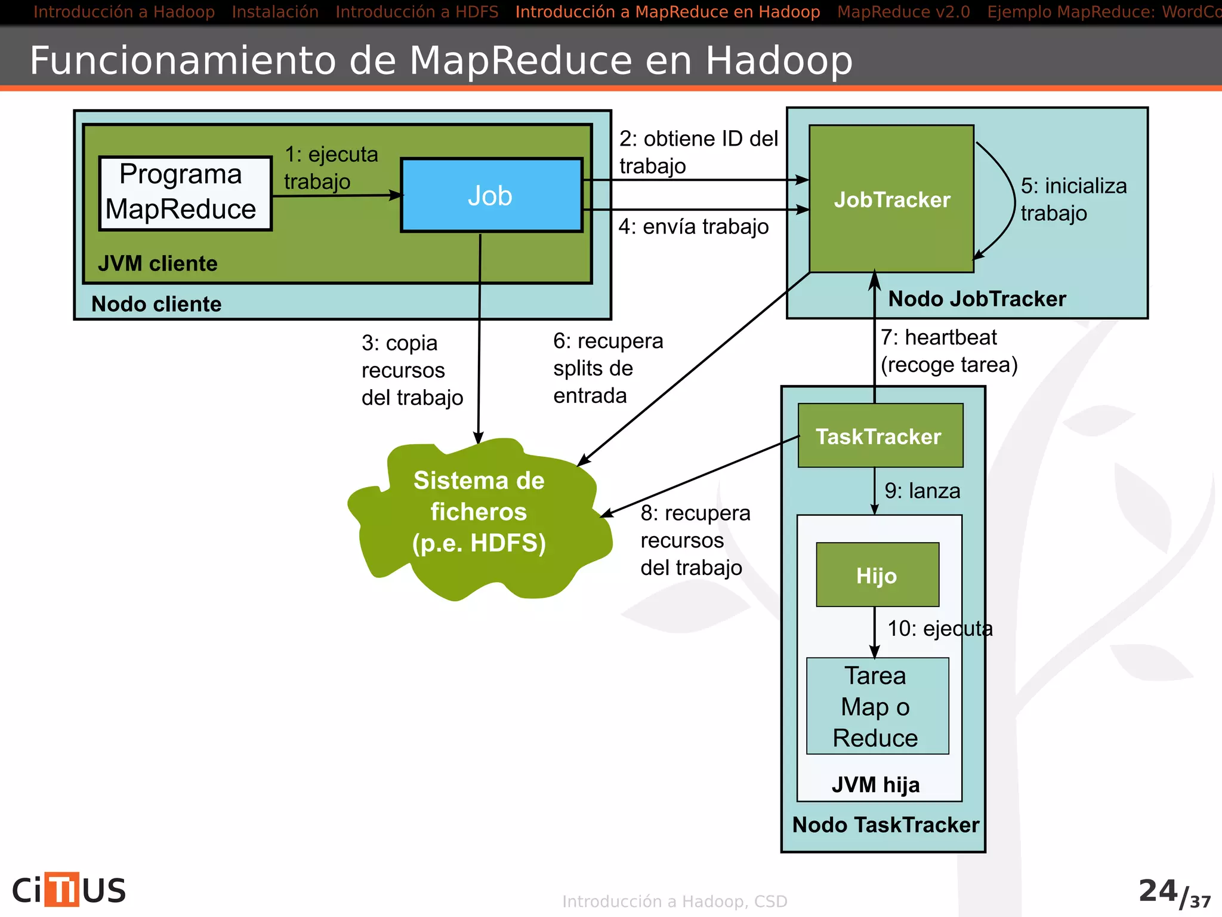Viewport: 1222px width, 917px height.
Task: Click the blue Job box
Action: click(x=491, y=195)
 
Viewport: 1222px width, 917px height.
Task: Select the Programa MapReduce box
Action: click(x=185, y=193)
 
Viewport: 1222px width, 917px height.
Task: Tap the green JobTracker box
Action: click(x=891, y=199)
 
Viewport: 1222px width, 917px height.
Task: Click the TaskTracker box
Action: click(x=880, y=436)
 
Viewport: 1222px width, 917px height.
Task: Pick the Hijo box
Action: click(x=877, y=575)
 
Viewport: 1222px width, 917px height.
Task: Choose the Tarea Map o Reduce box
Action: click(x=877, y=706)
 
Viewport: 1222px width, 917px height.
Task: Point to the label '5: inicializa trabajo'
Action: click(x=1073, y=199)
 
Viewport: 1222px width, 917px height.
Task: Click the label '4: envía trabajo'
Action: click(x=693, y=227)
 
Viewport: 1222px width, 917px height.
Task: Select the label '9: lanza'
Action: click(x=922, y=491)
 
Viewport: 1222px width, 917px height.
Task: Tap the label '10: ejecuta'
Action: click(x=940, y=628)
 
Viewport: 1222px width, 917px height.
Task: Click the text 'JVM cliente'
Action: click(x=158, y=263)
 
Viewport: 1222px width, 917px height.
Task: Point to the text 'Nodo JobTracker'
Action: click(x=977, y=299)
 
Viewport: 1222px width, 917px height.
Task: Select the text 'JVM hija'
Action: click(x=875, y=784)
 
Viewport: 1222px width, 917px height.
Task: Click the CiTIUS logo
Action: click(x=69, y=890)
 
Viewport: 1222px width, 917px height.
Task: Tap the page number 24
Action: click(x=1158, y=891)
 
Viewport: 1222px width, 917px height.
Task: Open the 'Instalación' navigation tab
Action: click(x=275, y=12)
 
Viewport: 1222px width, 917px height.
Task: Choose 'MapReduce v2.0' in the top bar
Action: click(x=903, y=12)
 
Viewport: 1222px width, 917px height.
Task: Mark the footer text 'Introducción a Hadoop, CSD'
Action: click(x=675, y=901)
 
